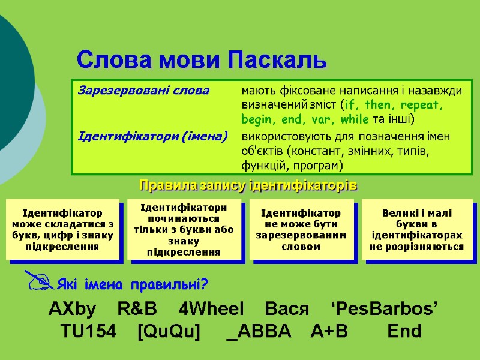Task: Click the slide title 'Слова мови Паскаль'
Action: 202,59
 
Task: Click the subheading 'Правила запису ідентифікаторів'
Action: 248,185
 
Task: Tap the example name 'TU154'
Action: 88,331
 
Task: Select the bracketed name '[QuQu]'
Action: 169,331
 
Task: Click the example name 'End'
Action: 404,331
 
